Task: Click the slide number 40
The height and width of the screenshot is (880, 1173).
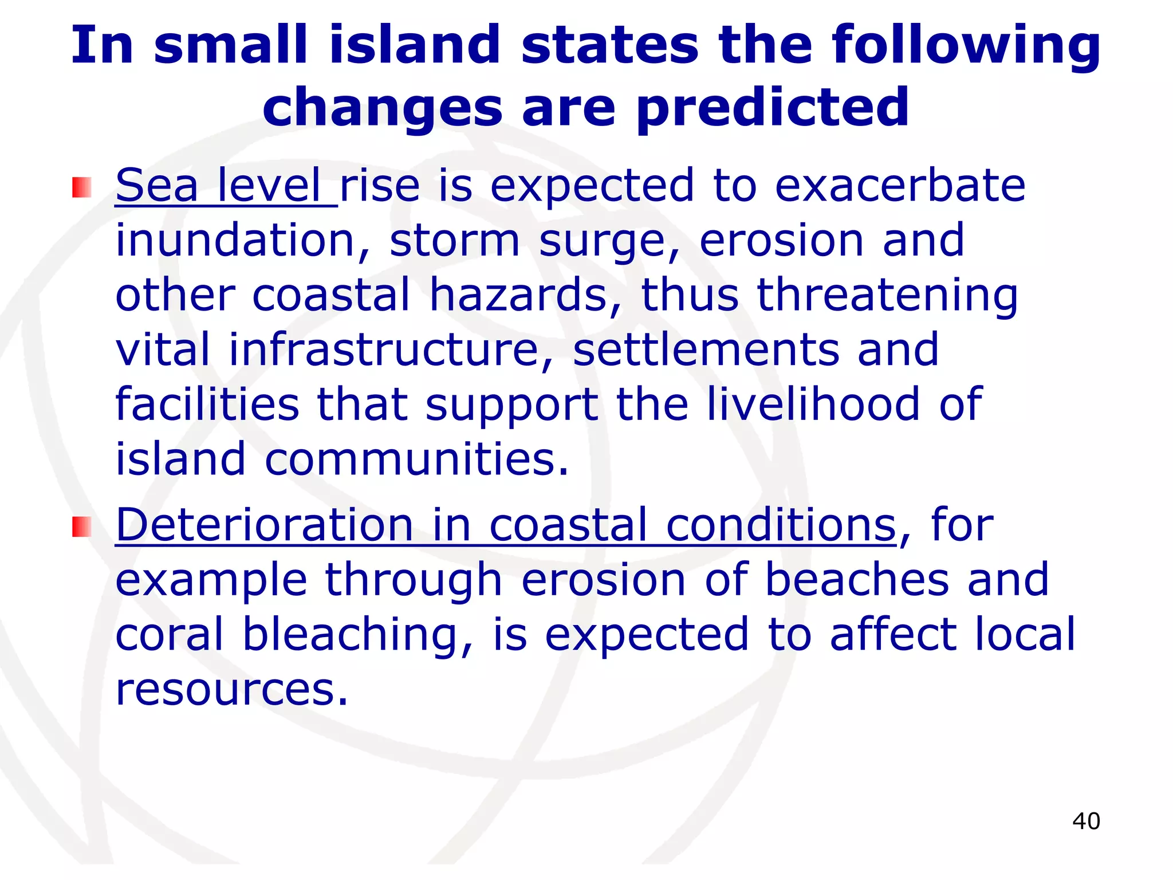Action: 1086,821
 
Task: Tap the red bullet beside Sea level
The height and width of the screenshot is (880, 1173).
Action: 81,187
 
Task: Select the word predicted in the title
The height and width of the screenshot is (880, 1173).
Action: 773,108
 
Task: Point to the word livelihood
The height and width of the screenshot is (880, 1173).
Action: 813,404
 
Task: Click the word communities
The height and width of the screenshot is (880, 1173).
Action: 417,459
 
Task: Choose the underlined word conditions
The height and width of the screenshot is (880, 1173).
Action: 781,525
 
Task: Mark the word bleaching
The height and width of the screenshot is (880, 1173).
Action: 358,635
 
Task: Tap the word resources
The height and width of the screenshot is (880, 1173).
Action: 232,689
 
